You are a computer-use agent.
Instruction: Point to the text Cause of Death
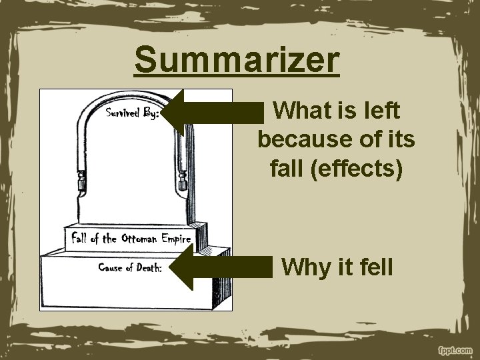tap(131, 268)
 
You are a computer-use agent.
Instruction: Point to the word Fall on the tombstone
tap(80, 239)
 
